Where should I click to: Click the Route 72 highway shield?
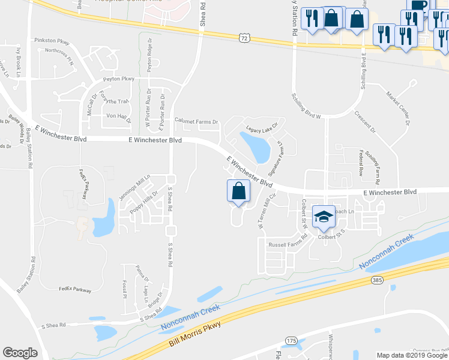243,38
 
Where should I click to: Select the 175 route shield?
292,341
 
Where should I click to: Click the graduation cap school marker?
324,217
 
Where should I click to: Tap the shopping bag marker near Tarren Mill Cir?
238,192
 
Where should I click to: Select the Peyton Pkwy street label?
119,79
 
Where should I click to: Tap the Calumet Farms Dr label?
196,121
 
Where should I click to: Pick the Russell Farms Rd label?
288,244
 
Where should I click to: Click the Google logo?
20,353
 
